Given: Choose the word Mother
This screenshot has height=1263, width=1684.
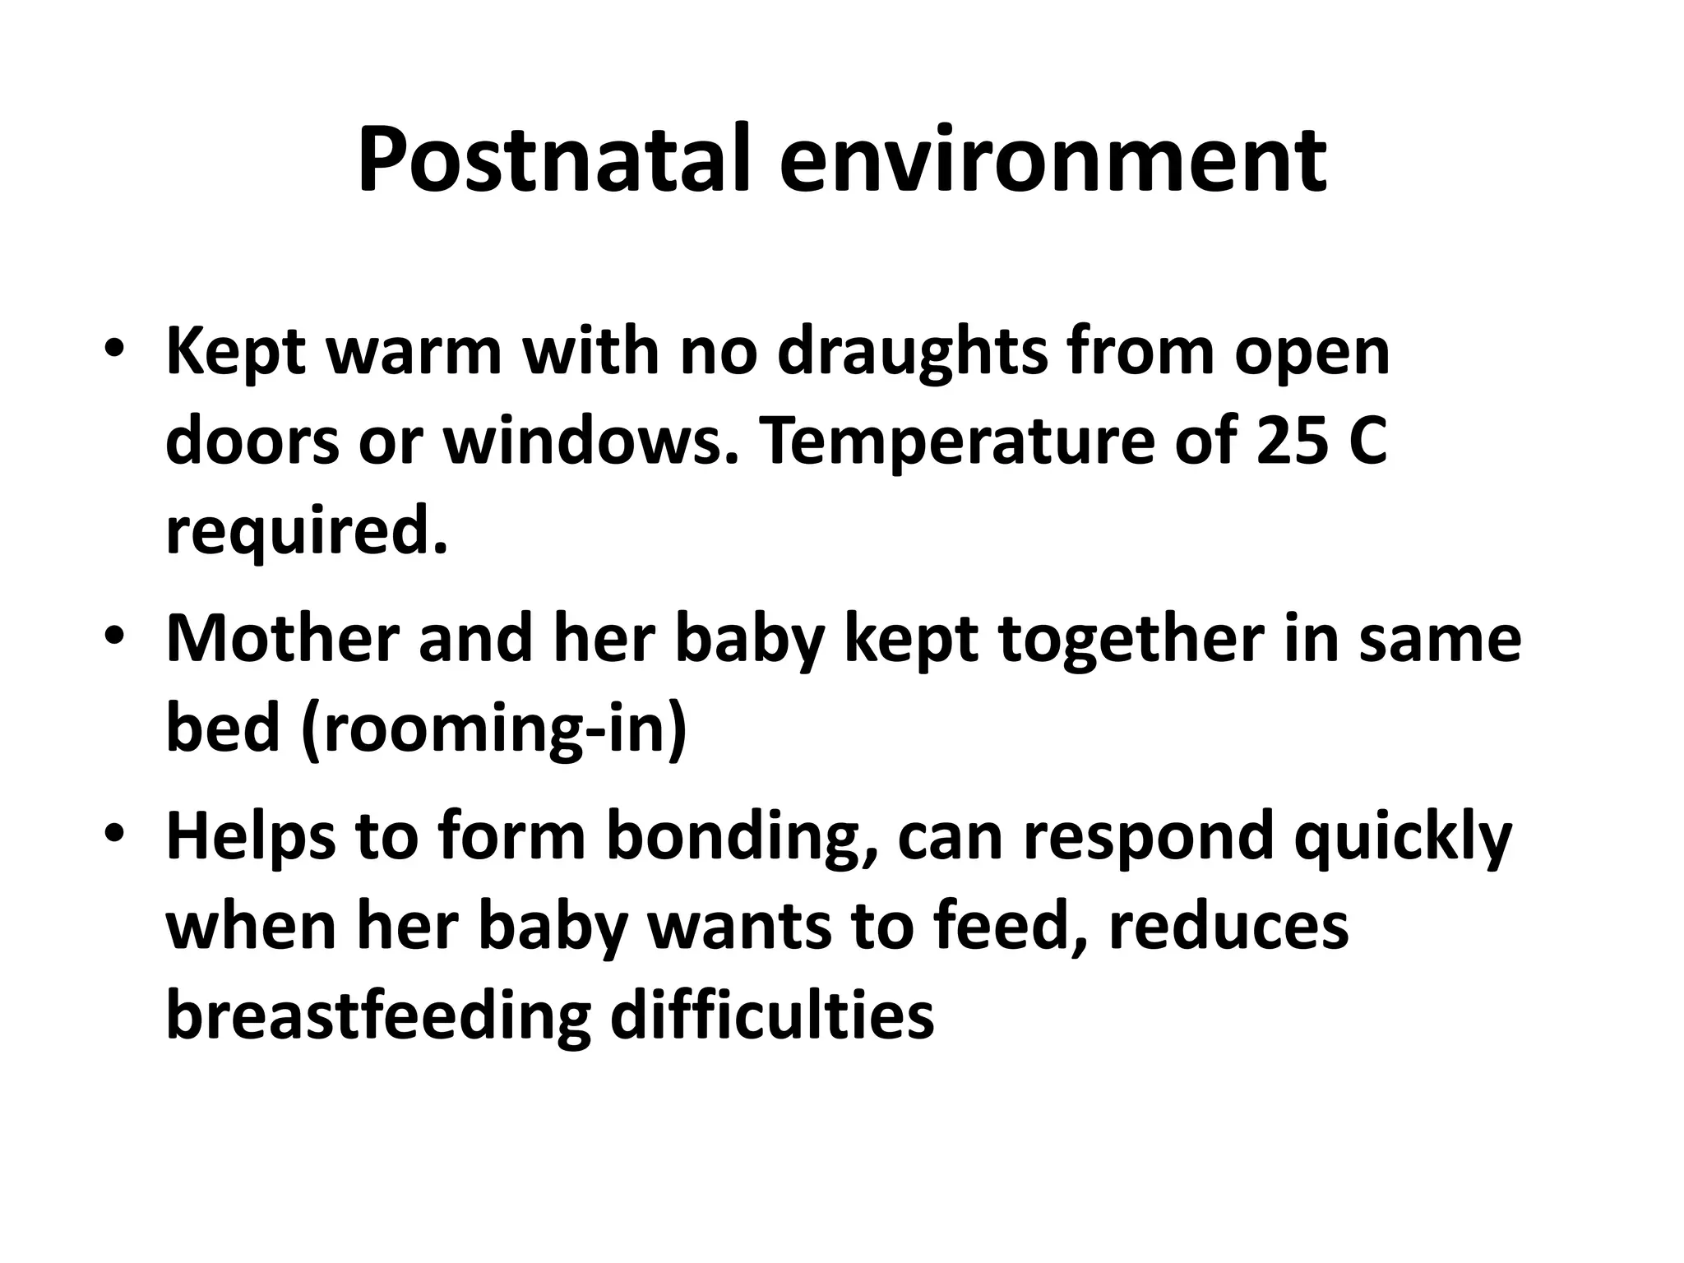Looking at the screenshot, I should [282, 639].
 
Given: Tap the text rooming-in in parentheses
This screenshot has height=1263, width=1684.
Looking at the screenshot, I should [494, 729].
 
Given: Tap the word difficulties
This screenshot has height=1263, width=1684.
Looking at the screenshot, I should [771, 1013].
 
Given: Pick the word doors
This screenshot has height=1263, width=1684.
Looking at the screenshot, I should [252, 442].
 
